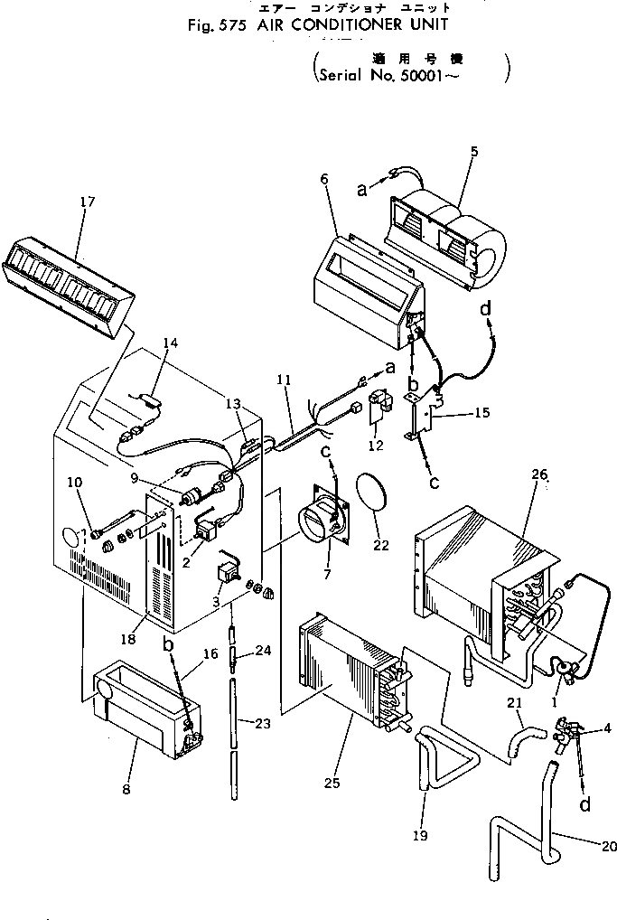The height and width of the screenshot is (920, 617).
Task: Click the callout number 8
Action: coord(126,789)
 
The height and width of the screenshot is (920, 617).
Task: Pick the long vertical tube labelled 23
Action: coord(237,732)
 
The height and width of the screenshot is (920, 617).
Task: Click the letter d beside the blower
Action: coord(487,310)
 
